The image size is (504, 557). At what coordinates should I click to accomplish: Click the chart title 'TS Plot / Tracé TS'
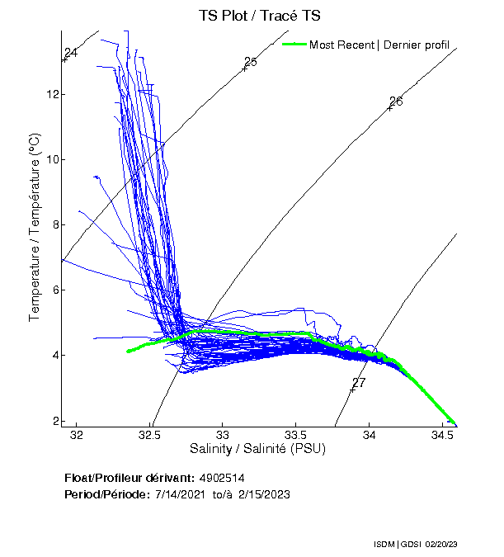coord(260,15)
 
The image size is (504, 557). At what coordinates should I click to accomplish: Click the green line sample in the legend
coord(294,45)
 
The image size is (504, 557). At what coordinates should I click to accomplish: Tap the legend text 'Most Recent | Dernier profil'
coord(379,45)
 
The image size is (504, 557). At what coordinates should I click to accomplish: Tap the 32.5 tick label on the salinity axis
coord(149,435)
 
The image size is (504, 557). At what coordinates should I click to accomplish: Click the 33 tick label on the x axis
coord(222,435)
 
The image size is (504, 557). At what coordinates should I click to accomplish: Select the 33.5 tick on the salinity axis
coord(295,435)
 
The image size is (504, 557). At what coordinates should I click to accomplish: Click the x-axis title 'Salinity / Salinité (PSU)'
coord(258,449)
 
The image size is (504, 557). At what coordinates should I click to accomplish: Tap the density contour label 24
coord(71,53)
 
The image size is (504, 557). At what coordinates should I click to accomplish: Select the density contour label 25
coord(251,62)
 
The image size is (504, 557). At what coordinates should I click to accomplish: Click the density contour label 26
coord(396,101)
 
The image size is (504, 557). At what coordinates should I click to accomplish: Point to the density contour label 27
coord(358,383)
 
